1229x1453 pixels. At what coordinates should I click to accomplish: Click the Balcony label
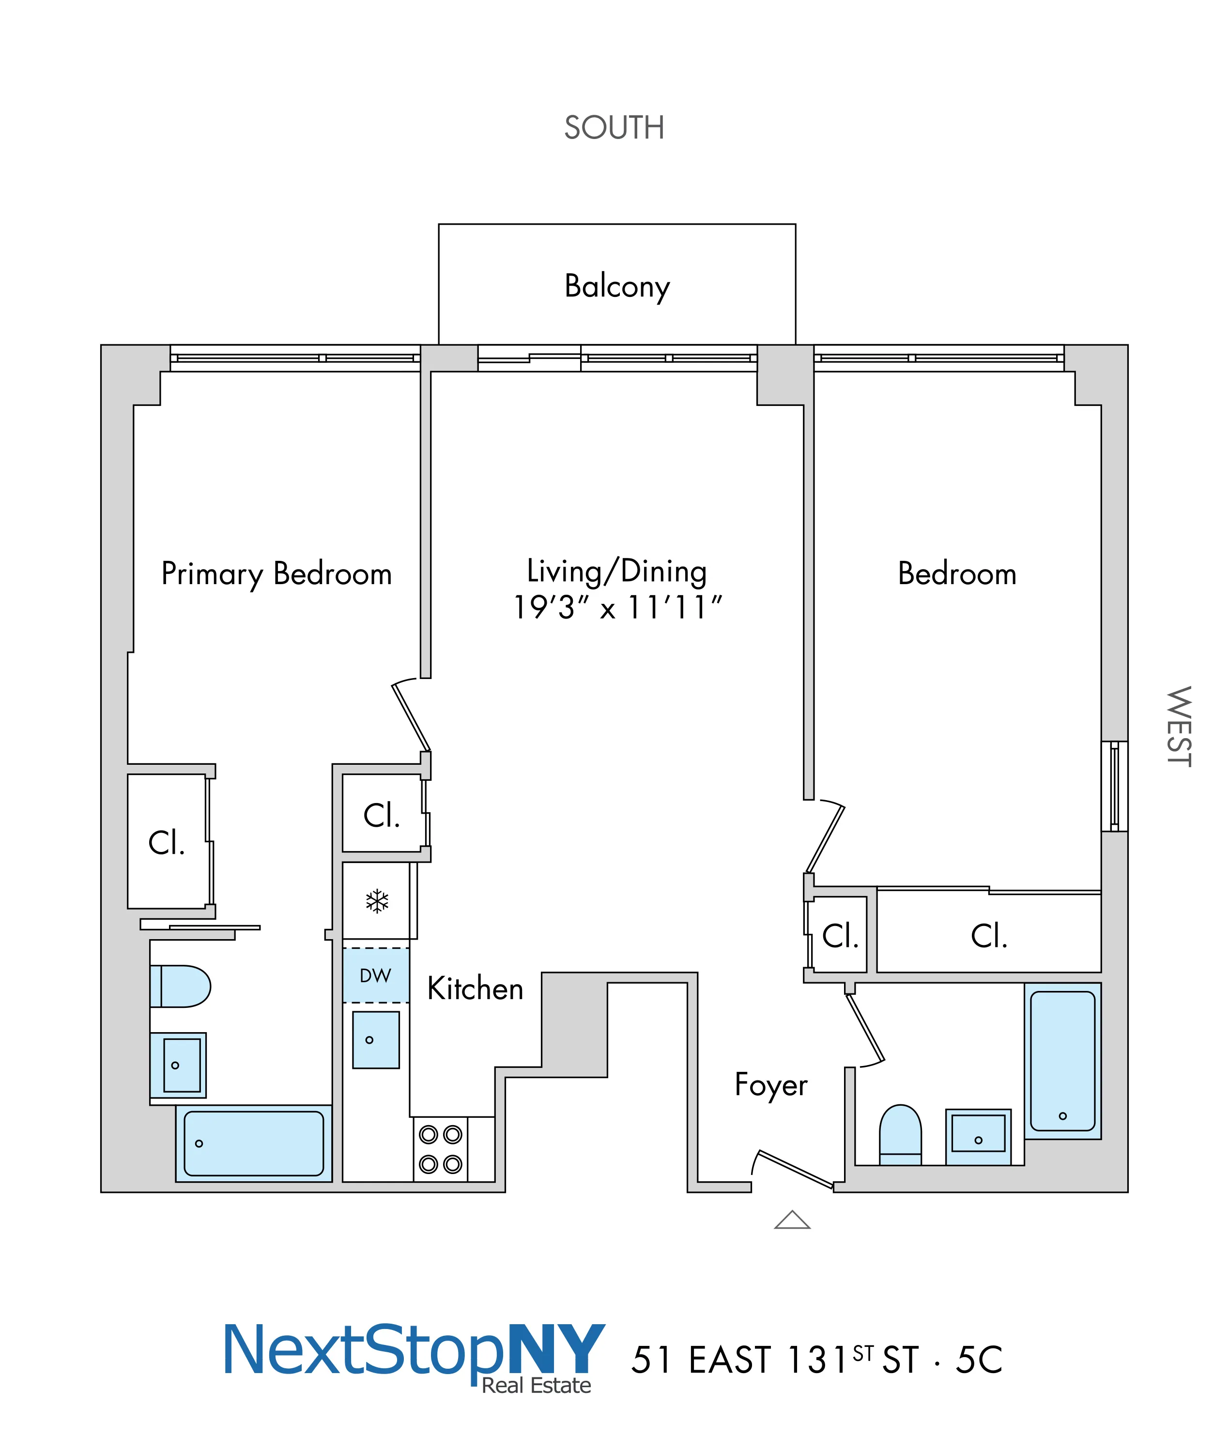pos(616,286)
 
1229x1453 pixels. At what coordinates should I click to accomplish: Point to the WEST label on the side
pos(1179,727)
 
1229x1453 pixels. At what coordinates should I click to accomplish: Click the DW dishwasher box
pos(376,975)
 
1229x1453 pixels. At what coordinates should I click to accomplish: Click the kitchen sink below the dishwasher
pos(376,1040)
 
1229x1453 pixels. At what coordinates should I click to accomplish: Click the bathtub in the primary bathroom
pos(254,1143)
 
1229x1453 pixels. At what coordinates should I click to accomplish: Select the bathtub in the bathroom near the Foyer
pos(1062,1061)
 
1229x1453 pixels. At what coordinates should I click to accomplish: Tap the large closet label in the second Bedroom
pos(989,936)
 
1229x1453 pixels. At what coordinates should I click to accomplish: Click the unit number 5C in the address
pos(978,1360)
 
